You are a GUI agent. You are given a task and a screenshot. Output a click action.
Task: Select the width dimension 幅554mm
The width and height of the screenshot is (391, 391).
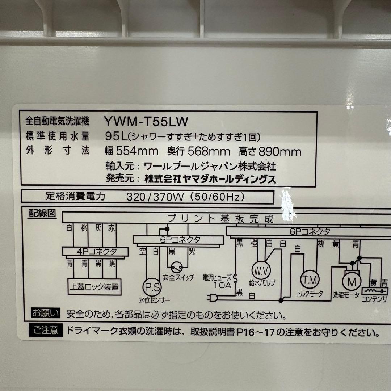pyautogui.click(x=131, y=151)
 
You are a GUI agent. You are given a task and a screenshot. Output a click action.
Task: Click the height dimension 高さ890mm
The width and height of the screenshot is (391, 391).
pyautogui.click(x=270, y=151)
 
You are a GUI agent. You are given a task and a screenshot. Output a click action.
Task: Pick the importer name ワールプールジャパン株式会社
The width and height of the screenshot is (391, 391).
pyautogui.click(x=210, y=166)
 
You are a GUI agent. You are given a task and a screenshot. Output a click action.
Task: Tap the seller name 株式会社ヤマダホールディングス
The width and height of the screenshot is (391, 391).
pyautogui.click(x=210, y=179)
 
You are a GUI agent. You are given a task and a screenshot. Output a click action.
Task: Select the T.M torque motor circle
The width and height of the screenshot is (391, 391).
pyautogui.click(x=309, y=279)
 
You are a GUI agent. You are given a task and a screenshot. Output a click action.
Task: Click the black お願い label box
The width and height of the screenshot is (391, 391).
pyautogui.click(x=44, y=313)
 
